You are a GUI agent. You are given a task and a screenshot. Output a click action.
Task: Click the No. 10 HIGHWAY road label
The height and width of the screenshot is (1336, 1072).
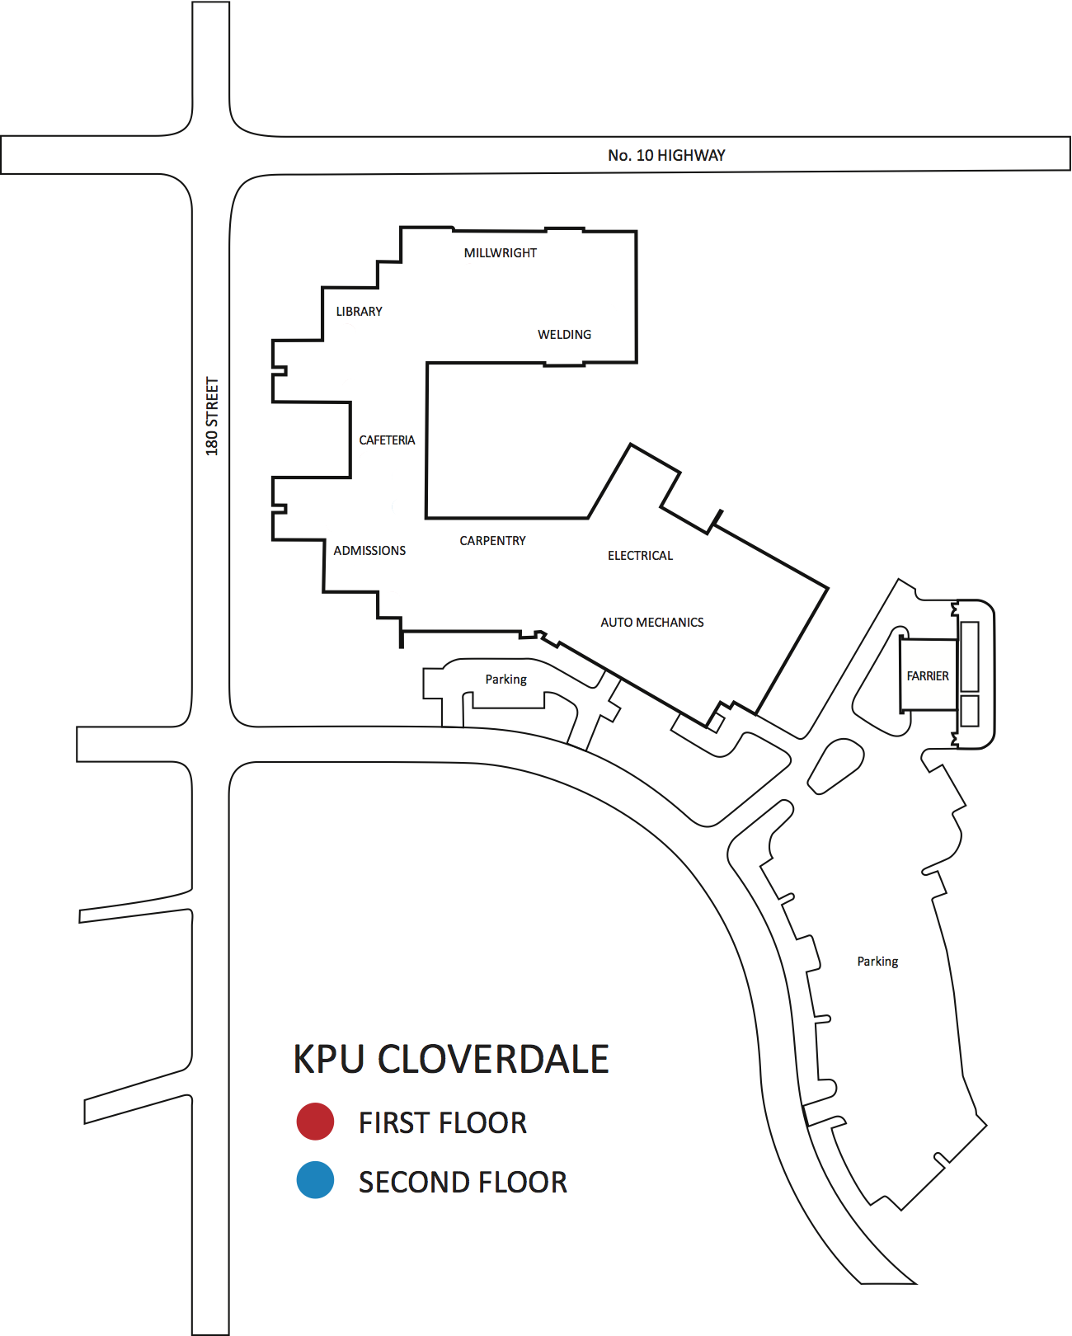[666, 155]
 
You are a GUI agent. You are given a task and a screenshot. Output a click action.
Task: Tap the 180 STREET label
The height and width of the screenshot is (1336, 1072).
[212, 416]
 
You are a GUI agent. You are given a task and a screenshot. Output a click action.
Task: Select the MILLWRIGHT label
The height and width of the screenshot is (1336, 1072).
[500, 253]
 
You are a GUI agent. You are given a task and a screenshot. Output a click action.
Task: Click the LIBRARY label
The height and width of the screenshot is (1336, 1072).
[359, 312]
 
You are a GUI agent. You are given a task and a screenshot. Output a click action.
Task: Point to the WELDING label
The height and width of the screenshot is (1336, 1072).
[564, 335]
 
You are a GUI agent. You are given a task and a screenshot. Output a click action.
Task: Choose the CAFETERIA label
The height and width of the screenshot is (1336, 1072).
[387, 440]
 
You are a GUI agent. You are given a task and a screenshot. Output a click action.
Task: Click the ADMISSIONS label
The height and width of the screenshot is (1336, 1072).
[369, 551]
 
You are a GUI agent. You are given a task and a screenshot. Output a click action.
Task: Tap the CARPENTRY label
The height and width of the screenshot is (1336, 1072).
[492, 541]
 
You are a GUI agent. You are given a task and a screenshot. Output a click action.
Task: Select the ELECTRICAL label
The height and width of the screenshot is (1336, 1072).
[640, 556]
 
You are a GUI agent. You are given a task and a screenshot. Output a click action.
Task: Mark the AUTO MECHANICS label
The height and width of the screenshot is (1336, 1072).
[651, 623]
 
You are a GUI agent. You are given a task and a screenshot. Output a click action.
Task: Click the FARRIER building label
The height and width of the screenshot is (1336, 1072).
[928, 676]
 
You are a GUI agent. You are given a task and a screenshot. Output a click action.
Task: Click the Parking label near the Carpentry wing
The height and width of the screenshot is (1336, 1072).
[505, 680]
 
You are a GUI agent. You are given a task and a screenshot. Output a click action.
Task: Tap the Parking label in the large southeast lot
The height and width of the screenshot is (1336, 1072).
[877, 962]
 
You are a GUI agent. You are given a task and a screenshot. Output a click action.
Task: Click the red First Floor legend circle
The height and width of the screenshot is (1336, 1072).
[315, 1122]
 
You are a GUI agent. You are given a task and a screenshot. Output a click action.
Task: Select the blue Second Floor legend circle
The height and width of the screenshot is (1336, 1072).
[315, 1180]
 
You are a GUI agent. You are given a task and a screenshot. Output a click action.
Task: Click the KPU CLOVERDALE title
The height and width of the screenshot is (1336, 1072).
[451, 1060]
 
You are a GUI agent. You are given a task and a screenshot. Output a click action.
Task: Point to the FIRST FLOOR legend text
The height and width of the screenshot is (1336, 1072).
[442, 1123]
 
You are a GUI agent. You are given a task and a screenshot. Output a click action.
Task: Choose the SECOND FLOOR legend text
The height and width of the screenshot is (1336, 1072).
[463, 1183]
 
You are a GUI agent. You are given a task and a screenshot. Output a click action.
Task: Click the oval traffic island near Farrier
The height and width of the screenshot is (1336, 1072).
[835, 765]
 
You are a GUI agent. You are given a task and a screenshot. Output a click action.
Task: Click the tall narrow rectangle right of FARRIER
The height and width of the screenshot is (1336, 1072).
[970, 656]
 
